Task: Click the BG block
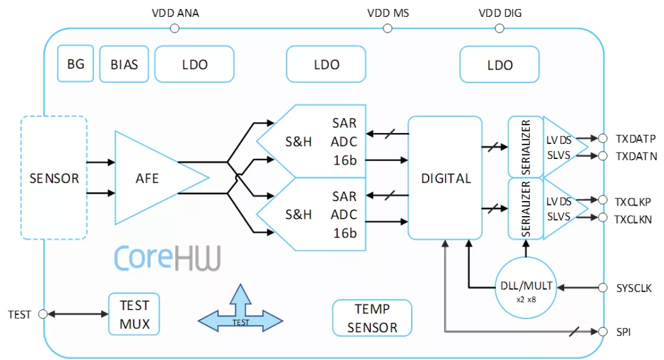coord(75,64)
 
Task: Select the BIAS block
coord(124,64)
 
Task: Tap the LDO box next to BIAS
coord(195,64)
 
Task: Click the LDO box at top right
coord(499,65)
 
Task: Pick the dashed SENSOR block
coord(54,178)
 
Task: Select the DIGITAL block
coord(445,178)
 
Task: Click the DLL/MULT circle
coord(526,287)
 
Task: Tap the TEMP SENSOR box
coord(372,318)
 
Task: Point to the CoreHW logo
coord(167,258)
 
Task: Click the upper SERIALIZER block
coord(525,147)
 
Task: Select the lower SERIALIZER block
coord(525,209)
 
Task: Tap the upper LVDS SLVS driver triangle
coord(562,147)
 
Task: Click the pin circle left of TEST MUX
coord(43,314)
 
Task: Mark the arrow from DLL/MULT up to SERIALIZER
coord(526,249)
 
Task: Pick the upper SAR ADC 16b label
coord(344,141)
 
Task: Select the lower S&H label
coord(298,214)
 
